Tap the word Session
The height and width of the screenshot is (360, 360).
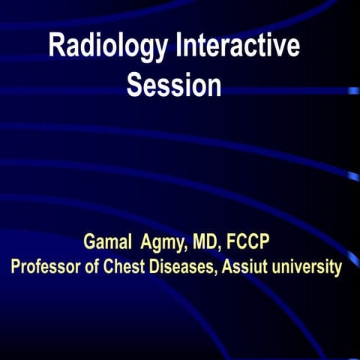(174, 85)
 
